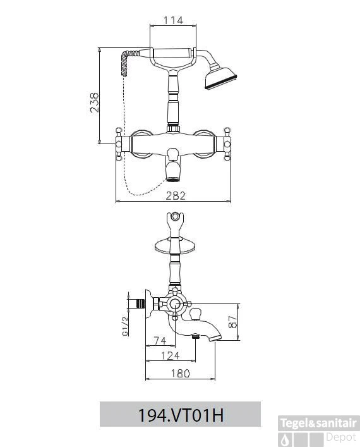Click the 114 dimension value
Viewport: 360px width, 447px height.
click(172, 20)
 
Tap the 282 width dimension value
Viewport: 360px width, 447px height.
click(176, 196)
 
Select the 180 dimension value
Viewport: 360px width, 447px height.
click(180, 374)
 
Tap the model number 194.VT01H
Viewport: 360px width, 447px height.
click(181, 415)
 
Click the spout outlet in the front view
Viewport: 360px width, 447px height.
click(174, 178)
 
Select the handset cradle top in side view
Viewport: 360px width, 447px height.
click(176, 221)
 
